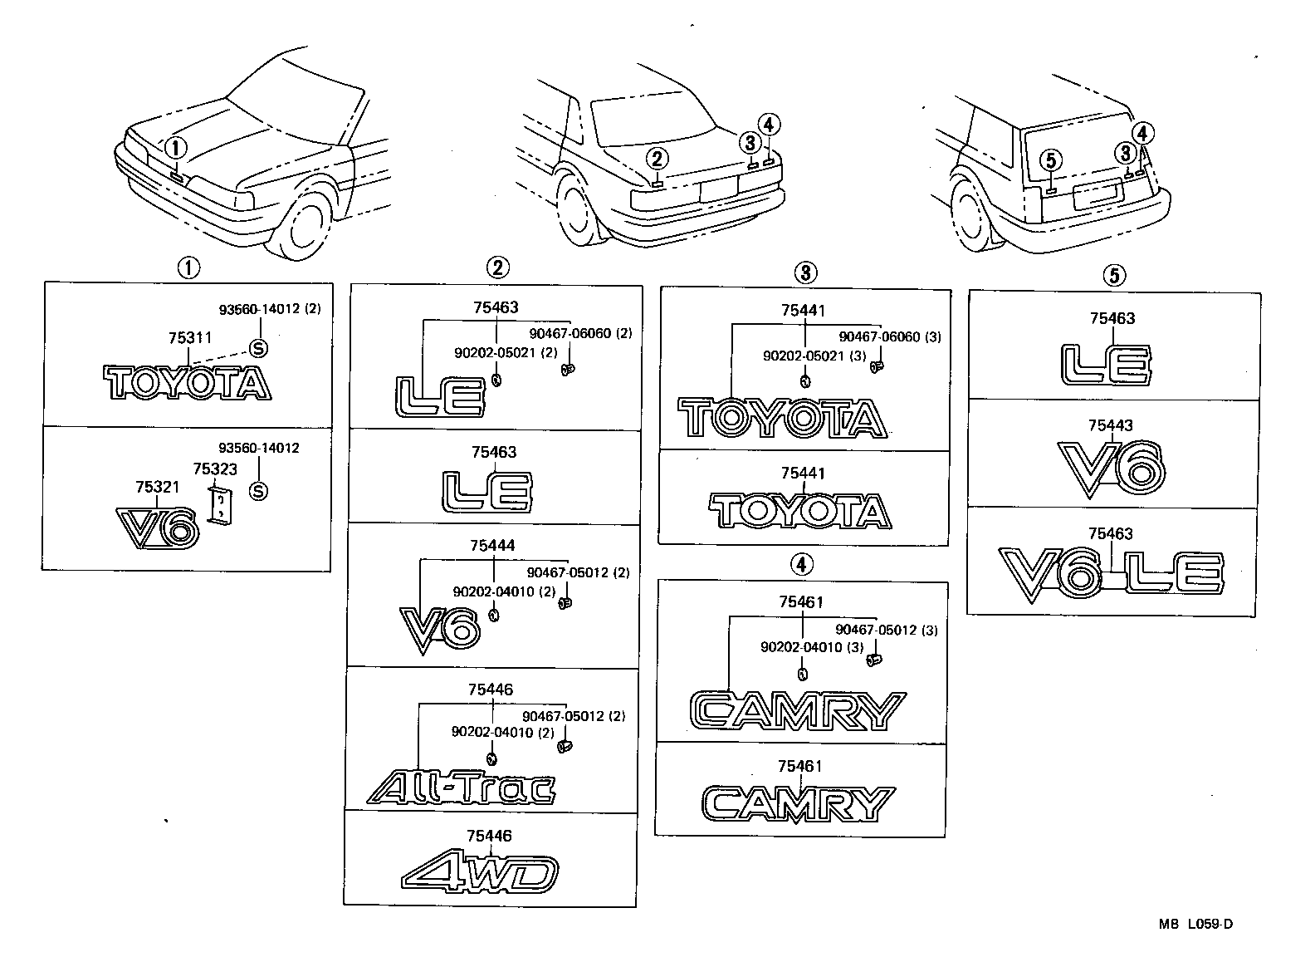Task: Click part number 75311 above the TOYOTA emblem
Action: point(190,338)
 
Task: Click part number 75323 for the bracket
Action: point(215,469)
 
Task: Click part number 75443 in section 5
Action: point(1111,425)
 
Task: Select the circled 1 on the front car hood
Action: point(176,149)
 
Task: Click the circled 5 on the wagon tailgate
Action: point(1051,159)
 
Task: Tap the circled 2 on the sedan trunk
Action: point(657,158)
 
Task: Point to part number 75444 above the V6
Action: point(492,546)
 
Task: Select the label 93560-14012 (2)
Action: point(270,309)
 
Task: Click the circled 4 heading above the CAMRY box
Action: point(800,565)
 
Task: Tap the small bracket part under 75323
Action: point(220,506)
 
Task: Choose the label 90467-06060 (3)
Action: point(890,336)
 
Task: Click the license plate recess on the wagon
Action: point(1098,196)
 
